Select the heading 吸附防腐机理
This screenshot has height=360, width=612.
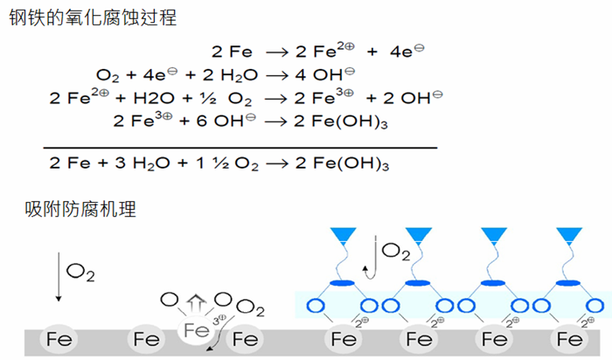(x=80, y=210)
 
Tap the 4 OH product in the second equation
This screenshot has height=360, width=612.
(x=327, y=75)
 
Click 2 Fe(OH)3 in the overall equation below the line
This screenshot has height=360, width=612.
(x=348, y=163)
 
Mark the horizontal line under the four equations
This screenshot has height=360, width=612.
(x=240, y=148)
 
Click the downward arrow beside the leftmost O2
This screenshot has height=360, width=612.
(x=59, y=277)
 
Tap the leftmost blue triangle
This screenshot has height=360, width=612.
(x=342, y=235)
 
